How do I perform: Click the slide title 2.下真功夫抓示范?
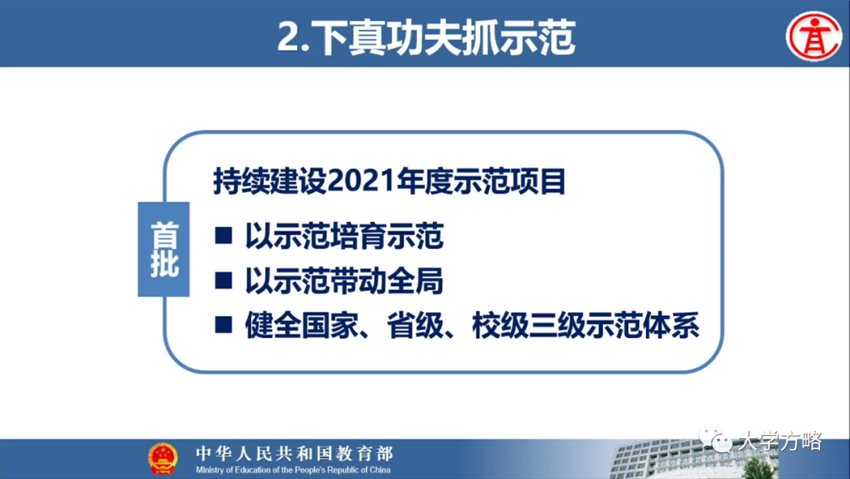(x=426, y=37)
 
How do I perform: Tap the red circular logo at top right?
(x=814, y=35)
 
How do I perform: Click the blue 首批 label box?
(x=164, y=250)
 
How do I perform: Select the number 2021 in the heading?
(x=353, y=183)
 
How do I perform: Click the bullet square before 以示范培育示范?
(x=224, y=235)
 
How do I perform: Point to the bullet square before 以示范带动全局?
(x=224, y=280)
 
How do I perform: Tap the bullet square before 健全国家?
(x=224, y=325)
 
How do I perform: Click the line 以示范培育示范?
(x=345, y=236)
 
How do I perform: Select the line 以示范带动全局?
(x=345, y=280)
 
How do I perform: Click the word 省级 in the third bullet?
(x=413, y=325)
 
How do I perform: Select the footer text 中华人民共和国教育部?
(x=294, y=454)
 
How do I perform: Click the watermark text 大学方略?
(x=779, y=441)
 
